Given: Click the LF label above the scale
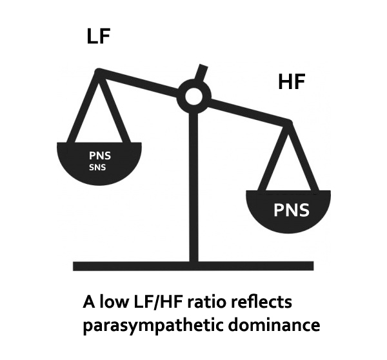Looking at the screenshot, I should point(99,37).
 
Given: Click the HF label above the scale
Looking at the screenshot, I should point(291,83).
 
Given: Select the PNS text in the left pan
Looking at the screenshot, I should point(99,155).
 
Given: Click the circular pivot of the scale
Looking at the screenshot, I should point(194,97).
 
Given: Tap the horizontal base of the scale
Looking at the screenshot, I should point(193,265).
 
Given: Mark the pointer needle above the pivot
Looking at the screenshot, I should point(204,72).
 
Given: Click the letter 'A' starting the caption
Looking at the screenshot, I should point(90,302).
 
